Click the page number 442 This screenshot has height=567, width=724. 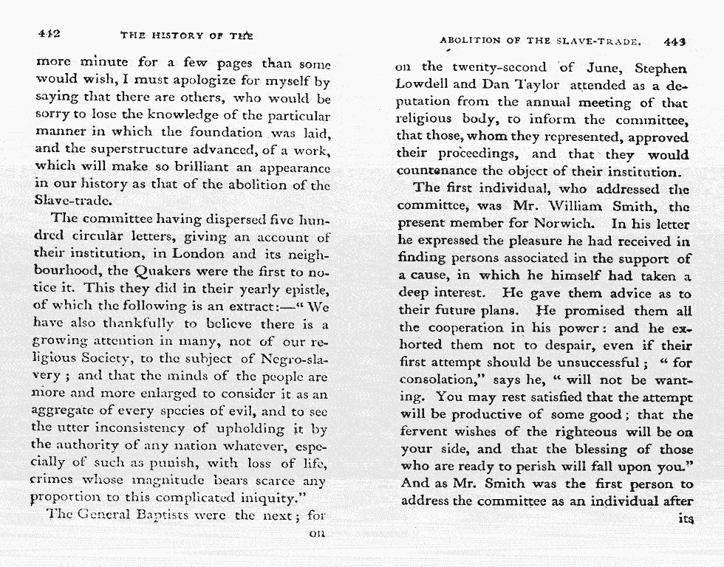point(48,34)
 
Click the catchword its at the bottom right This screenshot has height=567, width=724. point(684,518)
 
